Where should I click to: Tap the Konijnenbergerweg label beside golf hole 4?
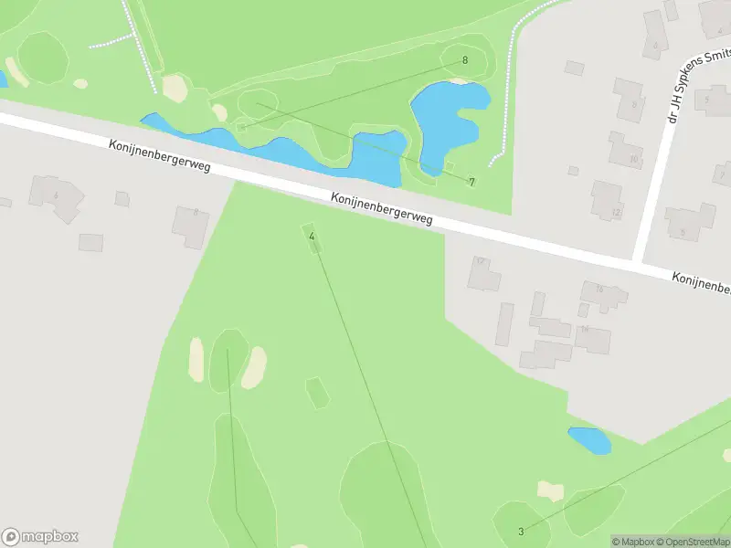coord(381,209)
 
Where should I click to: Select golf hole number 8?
coord(465,60)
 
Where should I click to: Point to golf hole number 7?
coord(471,182)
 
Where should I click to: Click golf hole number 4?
coord(312,237)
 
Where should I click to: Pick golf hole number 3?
coord(521,532)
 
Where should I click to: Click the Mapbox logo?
coord(40,537)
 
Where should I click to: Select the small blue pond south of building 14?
coord(589,440)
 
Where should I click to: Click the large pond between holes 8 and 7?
coord(445,112)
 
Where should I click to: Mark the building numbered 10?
coord(626,151)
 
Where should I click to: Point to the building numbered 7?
coord(723,173)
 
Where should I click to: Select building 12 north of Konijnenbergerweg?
coord(607,200)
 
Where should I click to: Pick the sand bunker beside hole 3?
coord(550,491)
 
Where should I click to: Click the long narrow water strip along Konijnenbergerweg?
coord(274,146)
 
